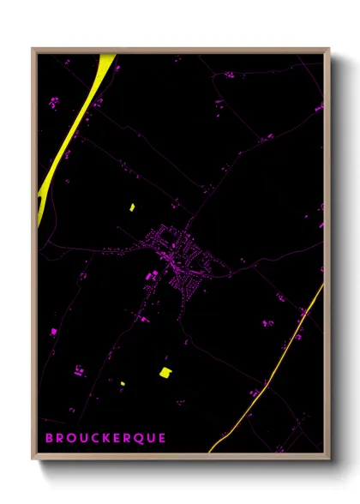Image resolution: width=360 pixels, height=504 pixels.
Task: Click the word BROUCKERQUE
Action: click(105, 438)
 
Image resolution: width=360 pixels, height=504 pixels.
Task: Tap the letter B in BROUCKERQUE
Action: click(48, 438)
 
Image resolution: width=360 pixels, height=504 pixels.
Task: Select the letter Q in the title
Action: click(137, 438)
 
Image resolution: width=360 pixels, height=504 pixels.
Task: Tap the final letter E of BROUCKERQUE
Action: click(161, 438)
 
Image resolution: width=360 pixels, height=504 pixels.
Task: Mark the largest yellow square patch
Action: click(165, 371)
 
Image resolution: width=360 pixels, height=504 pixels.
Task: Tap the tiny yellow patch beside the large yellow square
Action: click(122, 383)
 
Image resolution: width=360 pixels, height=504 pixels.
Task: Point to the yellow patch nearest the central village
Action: click(132, 207)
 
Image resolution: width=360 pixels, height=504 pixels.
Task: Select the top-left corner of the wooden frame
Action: click(33, 49)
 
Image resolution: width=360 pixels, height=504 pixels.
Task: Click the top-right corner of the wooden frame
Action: click(329, 49)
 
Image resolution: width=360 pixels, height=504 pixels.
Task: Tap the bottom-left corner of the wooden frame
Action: click(33, 460)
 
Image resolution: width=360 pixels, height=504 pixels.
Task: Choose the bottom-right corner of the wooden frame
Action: click(329, 460)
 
